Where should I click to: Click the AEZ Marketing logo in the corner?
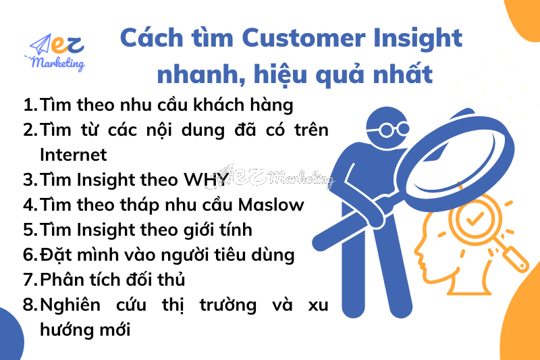(57, 52)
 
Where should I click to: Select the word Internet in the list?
(74, 155)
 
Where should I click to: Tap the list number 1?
(29, 105)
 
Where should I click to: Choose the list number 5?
(29, 229)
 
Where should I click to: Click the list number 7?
(29, 279)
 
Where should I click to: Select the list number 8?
(29, 305)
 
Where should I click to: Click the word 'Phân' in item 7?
(62, 279)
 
